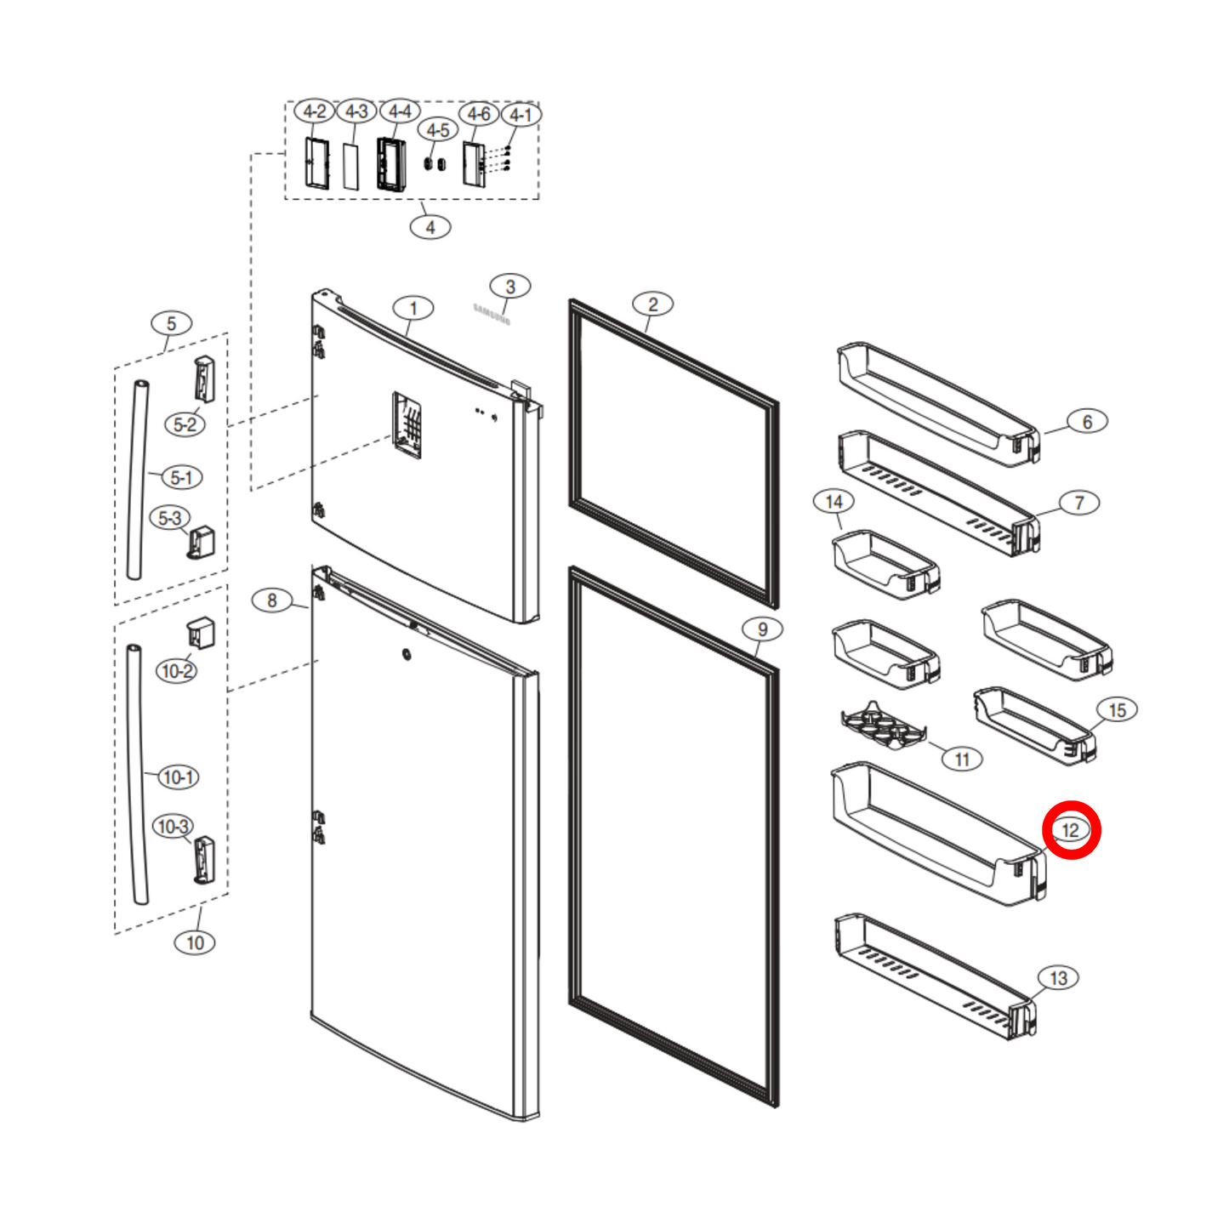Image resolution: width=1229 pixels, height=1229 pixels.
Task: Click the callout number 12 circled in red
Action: pyautogui.click(x=1071, y=830)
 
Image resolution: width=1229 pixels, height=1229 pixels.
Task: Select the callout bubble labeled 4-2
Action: pyautogui.click(x=314, y=111)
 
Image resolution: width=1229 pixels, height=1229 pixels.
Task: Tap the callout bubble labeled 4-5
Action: pyautogui.click(x=438, y=130)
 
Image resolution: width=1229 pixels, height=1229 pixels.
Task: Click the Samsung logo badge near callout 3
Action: pyautogui.click(x=492, y=315)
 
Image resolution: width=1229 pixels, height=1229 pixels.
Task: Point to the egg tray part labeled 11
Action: pyautogui.click(x=882, y=726)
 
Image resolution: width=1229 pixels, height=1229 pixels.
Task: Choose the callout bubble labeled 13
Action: pyautogui.click(x=1058, y=978)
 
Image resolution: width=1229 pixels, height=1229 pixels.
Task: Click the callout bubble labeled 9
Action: pyautogui.click(x=762, y=629)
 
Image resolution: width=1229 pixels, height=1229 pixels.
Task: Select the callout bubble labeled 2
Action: pyautogui.click(x=652, y=304)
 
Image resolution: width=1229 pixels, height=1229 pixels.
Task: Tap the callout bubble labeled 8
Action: pyautogui.click(x=272, y=600)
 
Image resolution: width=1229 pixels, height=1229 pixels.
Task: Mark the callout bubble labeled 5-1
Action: pyautogui.click(x=181, y=477)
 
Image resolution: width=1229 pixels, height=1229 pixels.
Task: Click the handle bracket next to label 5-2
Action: pyautogui.click(x=204, y=378)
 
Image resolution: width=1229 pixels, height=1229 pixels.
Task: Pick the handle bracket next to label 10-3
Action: pyautogui.click(x=204, y=860)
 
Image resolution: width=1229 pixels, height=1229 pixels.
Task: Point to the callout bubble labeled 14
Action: pyautogui.click(x=834, y=502)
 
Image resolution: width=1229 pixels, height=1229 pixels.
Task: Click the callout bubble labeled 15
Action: pyautogui.click(x=1117, y=710)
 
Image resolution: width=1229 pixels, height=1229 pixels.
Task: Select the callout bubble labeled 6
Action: pyautogui.click(x=1087, y=422)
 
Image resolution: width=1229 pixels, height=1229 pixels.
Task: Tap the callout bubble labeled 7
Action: pyautogui.click(x=1079, y=503)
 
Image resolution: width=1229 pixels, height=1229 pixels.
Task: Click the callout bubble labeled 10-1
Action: pyautogui.click(x=179, y=777)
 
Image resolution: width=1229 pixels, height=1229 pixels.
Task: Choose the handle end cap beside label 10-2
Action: pyautogui.click(x=201, y=634)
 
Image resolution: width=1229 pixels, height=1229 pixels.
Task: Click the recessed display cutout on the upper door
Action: pyautogui.click(x=407, y=424)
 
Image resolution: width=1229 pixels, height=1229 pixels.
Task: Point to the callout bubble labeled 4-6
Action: pyautogui.click(x=479, y=114)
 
